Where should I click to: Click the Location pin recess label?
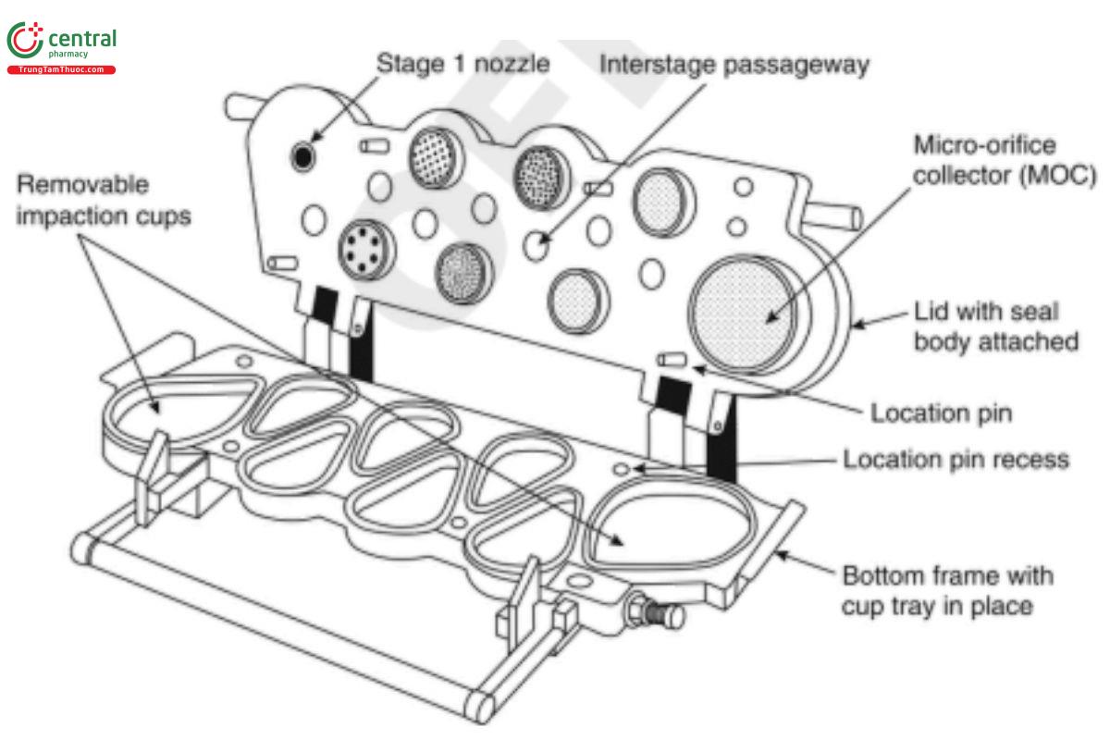(955, 459)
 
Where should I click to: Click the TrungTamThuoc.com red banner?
(61, 69)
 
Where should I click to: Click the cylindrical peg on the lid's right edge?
(836, 215)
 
